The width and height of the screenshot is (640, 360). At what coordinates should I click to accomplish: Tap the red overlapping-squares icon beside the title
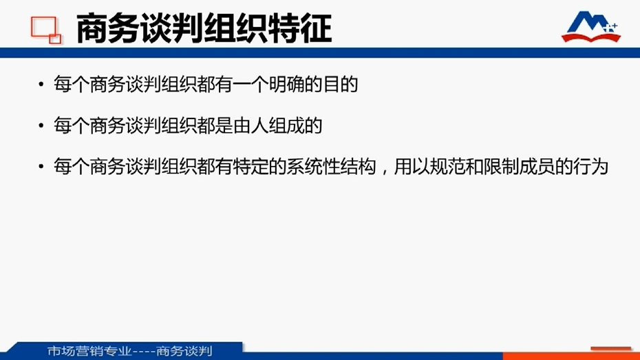(x=45, y=30)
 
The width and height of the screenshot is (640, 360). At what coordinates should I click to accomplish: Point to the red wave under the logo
(x=591, y=38)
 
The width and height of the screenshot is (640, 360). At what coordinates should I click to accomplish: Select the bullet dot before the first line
(x=41, y=85)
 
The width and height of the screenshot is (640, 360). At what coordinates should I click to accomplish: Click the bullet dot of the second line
(x=41, y=125)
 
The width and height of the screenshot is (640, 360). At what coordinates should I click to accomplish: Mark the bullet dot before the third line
(x=41, y=167)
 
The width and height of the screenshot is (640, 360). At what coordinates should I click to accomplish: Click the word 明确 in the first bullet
(x=286, y=85)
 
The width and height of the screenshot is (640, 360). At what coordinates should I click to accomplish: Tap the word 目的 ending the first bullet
(x=341, y=85)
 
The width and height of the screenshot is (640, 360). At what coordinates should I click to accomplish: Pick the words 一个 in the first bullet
(x=250, y=85)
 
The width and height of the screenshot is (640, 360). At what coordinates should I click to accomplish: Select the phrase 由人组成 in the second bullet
(x=268, y=125)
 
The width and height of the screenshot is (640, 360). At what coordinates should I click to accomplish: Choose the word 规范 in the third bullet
(x=447, y=167)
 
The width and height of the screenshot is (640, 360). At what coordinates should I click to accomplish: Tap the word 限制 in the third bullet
(x=501, y=167)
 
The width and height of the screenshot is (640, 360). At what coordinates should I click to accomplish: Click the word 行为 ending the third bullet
(x=591, y=167)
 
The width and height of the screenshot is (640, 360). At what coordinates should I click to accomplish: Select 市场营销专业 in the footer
(x=89, y=351)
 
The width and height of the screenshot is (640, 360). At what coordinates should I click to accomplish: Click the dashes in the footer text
(x=144, y=352)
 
